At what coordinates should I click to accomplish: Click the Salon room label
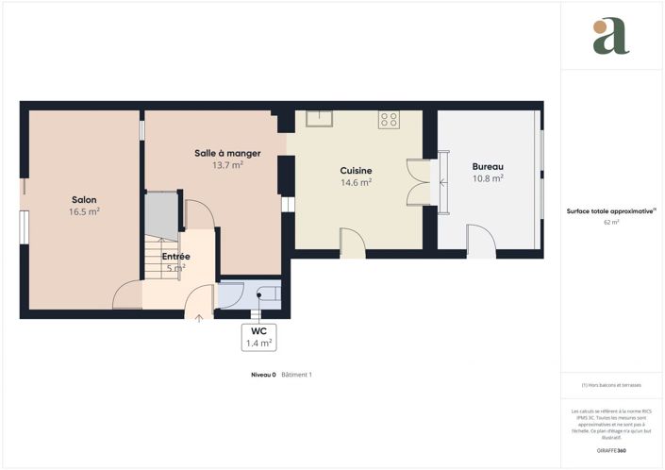[84, 200]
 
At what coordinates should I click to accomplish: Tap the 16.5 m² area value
[84, 212]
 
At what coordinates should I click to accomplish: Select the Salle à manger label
[227, 153]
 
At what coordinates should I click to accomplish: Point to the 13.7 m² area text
[227, 165]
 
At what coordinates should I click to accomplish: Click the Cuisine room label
[356, 171]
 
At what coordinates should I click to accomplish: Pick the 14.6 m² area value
[356, 183]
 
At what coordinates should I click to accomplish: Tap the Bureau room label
[488, 166]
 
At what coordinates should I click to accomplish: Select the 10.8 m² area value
[488, 178]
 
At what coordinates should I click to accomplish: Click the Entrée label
[175, 257]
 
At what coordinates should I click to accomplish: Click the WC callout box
[258, 338]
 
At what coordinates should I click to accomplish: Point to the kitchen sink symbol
[319, 119]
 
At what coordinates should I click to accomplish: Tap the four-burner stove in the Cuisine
[389, 119]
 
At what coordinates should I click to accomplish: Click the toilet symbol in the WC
[267, 294]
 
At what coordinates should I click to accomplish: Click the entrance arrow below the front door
[199, 318]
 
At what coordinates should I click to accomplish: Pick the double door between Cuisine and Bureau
[418, 182]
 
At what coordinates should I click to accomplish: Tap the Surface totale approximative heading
[610, 211]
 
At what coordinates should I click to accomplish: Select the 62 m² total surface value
[611, 223]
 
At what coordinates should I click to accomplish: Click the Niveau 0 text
[262, 375]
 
